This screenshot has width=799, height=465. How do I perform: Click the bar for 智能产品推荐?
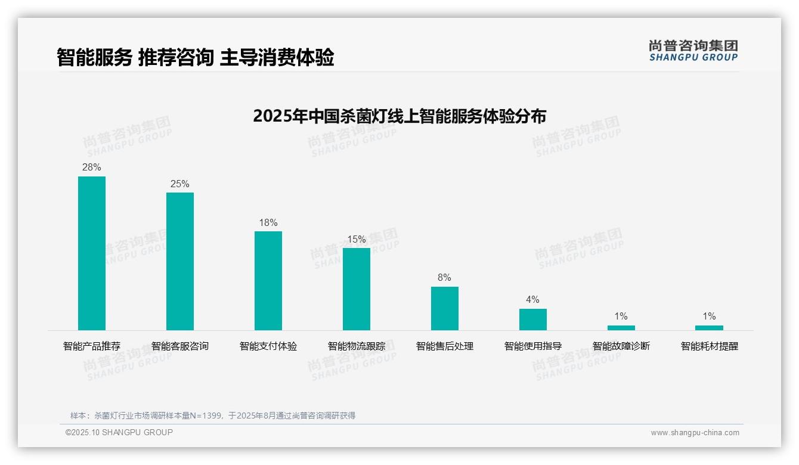(92, 253)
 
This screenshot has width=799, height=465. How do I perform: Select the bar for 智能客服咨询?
(180, 261)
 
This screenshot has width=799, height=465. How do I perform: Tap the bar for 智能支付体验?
(268, 280)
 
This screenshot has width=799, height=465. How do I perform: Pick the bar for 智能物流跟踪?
(357, 289)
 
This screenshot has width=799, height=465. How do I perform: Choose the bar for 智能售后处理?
(445, 308)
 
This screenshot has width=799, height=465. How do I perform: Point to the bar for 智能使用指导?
(532, 319)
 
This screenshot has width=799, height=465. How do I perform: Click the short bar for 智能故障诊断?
(621, 327)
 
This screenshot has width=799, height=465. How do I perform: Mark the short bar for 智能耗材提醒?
(709, 327)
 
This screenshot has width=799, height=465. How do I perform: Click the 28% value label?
(92, 168)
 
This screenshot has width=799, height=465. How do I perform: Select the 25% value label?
(180, 184)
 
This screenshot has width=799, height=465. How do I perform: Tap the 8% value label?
(444, 278)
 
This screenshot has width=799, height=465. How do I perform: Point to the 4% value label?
(532, 300)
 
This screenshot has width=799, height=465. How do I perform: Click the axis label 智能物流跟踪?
(357, 346)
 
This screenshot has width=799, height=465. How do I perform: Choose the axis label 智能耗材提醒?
(709, 346)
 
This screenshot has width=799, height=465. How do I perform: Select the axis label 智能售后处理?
(445, 346)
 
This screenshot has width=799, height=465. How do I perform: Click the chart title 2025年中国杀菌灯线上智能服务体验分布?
(399, 116)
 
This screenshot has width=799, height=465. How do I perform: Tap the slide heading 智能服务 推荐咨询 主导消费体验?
(195, 58)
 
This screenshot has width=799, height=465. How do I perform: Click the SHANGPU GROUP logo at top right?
(693, 51)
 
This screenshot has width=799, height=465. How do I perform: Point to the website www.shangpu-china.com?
(695, 433)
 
